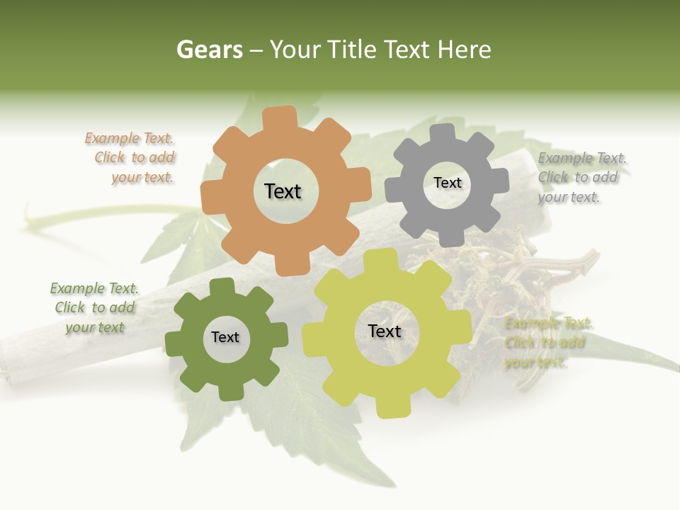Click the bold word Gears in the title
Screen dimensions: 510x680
tap(210, 50)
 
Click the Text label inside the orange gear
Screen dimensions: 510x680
tap(283, 191)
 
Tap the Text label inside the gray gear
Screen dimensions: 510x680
tap(447, 183)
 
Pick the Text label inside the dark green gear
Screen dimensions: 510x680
tap(225, 338)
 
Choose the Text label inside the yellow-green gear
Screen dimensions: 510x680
tap(385, 331)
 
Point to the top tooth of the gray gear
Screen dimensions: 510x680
tap(443, 133)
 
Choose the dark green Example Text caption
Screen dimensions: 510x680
tap(94, 307)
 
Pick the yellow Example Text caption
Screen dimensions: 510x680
tap(547, 343)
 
